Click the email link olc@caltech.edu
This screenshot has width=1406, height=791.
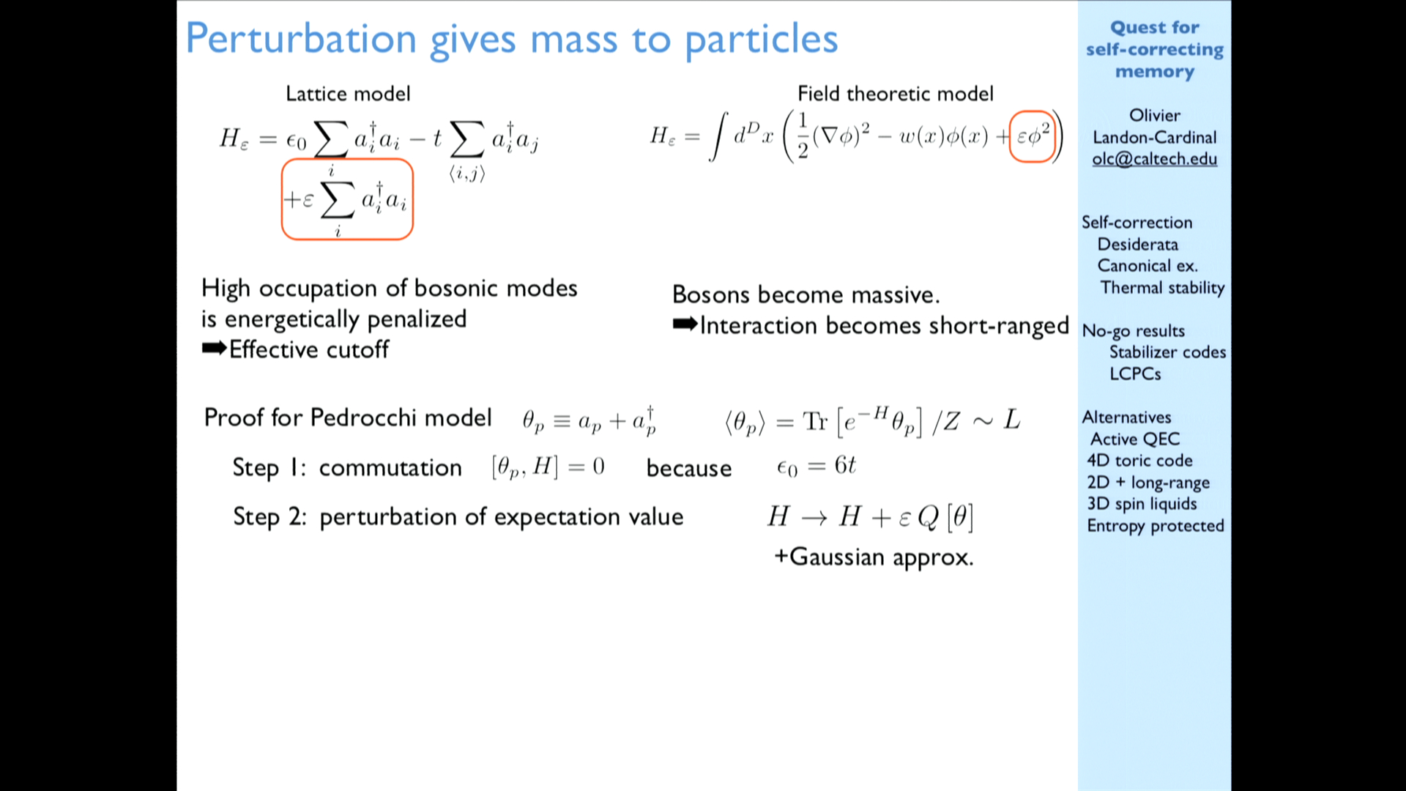click(x=1154, y=159)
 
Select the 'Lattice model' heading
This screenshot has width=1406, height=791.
click(x=348, y=94)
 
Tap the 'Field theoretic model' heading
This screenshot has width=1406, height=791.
click(x=895, y=94)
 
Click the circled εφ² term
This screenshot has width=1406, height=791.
click(x=1032, y=136)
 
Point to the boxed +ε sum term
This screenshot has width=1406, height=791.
click(x=347, y=199)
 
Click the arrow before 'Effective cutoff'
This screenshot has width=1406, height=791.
click(x=214, y=349)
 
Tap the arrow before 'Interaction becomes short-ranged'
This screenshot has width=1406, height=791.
click(x=685, y=324)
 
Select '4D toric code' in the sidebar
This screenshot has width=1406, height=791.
click(x=1139, y=461)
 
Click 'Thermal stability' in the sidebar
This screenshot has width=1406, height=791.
click(x=1162, y=288)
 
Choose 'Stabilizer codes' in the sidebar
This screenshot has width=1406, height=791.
click(x=1167, y=352)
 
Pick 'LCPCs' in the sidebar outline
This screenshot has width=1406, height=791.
click(x=1135, y=374)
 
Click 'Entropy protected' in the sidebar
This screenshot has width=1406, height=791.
click(x=1156, y=526)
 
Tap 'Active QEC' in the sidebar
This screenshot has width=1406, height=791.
click(x=1135, y=439)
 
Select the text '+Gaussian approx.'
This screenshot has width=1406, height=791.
click(x=874, y=557)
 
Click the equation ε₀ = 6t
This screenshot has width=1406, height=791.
click(x=816, y=466)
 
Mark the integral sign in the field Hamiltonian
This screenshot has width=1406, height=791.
click(x=718, y=135)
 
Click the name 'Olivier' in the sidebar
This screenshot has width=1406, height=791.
click(x=1154, y=116)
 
